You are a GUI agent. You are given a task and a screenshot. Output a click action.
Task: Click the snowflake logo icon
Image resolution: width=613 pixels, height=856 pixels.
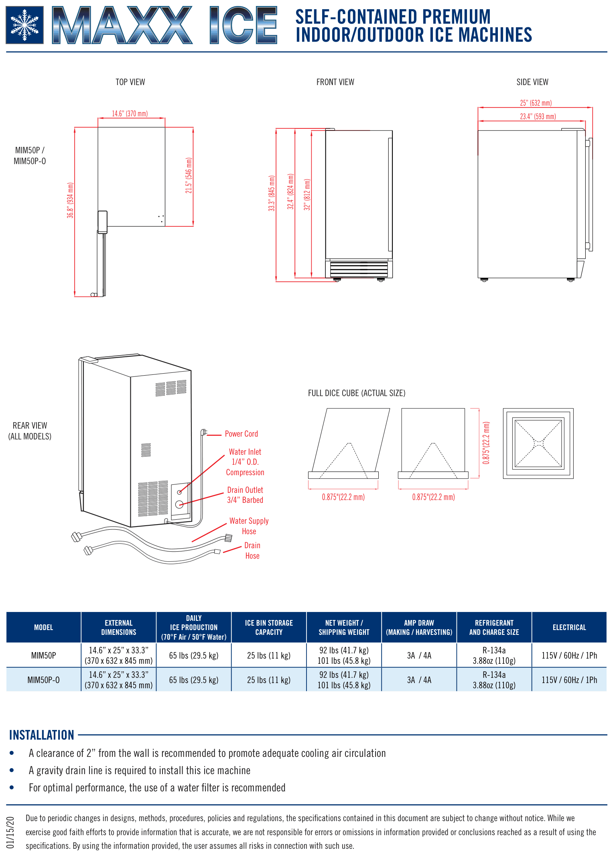pos(24,25)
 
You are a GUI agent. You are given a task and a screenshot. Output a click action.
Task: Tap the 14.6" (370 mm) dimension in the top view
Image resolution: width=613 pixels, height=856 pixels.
pos(130,114)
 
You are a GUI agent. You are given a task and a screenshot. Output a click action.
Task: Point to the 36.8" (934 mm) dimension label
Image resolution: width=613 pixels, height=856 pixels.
pos(71,200)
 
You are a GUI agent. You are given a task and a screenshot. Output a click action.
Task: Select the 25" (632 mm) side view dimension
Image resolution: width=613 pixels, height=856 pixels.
pos(536,103)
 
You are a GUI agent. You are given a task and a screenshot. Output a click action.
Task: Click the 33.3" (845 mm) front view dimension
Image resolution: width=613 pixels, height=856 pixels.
pos(272,193)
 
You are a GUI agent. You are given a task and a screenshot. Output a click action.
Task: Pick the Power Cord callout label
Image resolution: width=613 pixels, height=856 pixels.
pos(241,434)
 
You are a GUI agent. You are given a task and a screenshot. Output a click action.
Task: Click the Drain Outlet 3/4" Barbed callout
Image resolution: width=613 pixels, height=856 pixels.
pos(245,495)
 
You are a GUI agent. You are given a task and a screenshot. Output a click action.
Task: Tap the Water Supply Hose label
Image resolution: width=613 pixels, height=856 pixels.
pos(249,526)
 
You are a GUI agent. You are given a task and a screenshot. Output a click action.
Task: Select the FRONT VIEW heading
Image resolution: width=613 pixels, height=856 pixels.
pos(335,82)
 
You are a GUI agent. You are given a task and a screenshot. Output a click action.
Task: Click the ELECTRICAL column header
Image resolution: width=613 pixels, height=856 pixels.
pos(569,627)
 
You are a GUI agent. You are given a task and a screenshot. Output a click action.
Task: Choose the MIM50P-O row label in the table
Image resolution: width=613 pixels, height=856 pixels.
pos(43,680)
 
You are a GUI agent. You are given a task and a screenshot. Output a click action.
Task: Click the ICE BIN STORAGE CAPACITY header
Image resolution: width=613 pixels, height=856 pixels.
pos(269,627)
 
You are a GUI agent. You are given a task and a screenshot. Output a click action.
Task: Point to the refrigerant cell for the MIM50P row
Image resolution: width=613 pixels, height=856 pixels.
pos(494,655)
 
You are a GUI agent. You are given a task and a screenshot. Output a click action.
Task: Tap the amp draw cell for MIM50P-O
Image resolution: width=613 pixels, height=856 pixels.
pos(419,680)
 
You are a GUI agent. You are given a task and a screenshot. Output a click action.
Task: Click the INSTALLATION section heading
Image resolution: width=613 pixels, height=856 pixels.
pos(42,735)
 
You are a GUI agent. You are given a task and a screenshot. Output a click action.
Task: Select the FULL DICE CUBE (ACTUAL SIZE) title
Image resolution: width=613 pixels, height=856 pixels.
pos(357,393)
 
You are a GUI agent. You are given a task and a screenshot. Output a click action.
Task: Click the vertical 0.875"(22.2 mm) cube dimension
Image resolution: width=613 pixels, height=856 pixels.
pos(486,443)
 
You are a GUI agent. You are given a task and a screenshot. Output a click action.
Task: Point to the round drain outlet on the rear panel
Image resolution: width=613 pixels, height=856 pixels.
pos(179,504)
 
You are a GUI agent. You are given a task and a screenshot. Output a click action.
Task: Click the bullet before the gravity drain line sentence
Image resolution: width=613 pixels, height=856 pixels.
pos(12,770)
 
